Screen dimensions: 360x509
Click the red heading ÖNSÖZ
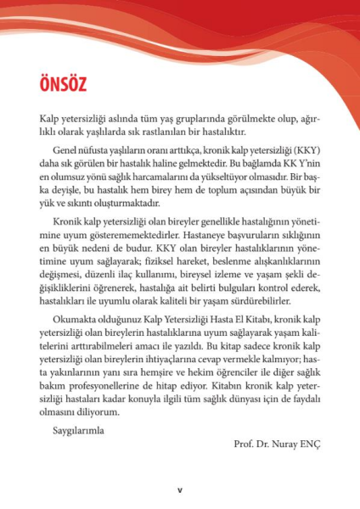(x=62, y=85)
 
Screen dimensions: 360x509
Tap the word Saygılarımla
(x=77, y=430)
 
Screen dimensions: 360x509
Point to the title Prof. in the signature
(x=245, y=444)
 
